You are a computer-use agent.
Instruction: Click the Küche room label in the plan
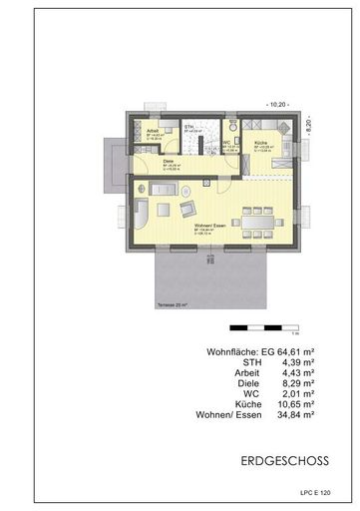(258, 143)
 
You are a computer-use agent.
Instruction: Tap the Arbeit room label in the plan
(152, 131)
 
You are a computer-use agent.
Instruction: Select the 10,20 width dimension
(276, 104)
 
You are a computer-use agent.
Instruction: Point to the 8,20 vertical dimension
(309, 129)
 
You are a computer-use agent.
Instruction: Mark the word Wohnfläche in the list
(231, 351)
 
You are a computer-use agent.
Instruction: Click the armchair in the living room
(186, 208)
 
